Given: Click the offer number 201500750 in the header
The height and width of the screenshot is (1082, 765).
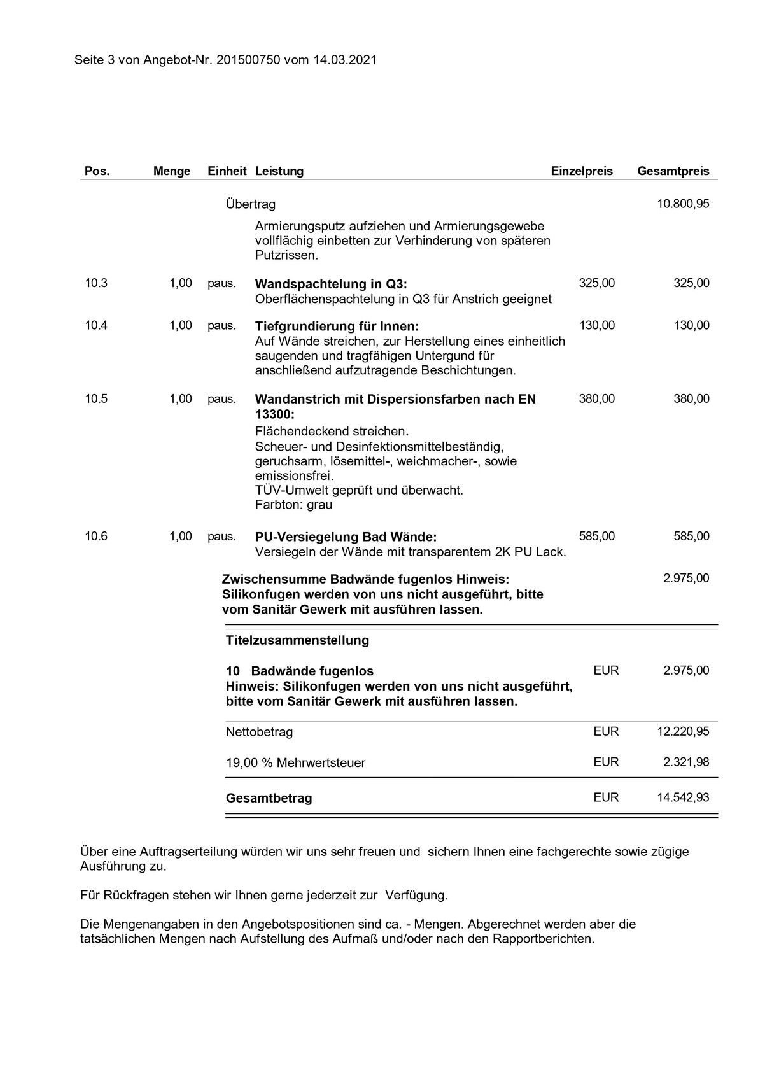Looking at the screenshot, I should tap(245, 60).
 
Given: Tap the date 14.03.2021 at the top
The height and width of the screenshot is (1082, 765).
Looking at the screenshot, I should tap(345, 60).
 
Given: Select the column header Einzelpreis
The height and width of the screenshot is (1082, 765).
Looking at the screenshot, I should tap(582, 171).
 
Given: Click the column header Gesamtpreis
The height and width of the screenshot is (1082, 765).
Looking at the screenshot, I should tap(673, 171).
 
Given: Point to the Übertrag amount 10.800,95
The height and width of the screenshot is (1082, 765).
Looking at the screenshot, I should tap(683, 204).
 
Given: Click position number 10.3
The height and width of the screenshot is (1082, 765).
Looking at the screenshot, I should tap(96, 283).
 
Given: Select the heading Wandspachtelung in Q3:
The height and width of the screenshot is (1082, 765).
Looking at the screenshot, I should tap(331, 284).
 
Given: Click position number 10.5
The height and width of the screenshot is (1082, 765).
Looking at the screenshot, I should tap(96, 399).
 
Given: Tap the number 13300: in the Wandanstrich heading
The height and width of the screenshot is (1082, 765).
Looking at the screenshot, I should tap(275, 414).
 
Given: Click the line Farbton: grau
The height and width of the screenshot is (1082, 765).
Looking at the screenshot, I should tap(293, 505).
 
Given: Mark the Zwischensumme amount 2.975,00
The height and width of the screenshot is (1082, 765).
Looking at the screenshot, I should tap(686, 579).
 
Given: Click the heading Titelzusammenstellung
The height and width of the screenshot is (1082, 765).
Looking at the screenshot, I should tap(297, 640).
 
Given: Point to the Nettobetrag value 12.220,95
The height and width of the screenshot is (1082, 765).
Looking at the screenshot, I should tap(683, 732).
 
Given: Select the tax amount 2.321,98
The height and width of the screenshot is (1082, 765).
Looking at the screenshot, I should tap(686, 762).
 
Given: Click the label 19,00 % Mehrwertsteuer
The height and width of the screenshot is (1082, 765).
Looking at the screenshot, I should tap(295, 763).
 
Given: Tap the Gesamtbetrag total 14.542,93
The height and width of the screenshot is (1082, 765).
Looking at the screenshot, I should tap(683, 797).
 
